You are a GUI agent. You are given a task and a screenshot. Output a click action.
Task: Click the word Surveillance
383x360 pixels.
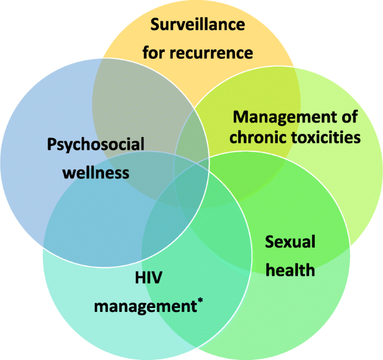198,25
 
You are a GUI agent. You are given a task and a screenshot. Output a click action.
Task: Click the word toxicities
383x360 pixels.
327,137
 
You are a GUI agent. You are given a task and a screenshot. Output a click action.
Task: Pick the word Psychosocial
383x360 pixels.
96,145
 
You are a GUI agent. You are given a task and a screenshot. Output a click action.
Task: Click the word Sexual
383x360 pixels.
290,243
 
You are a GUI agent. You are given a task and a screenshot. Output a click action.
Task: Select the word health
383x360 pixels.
290,270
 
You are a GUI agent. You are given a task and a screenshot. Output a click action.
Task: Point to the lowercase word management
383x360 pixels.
142,306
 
